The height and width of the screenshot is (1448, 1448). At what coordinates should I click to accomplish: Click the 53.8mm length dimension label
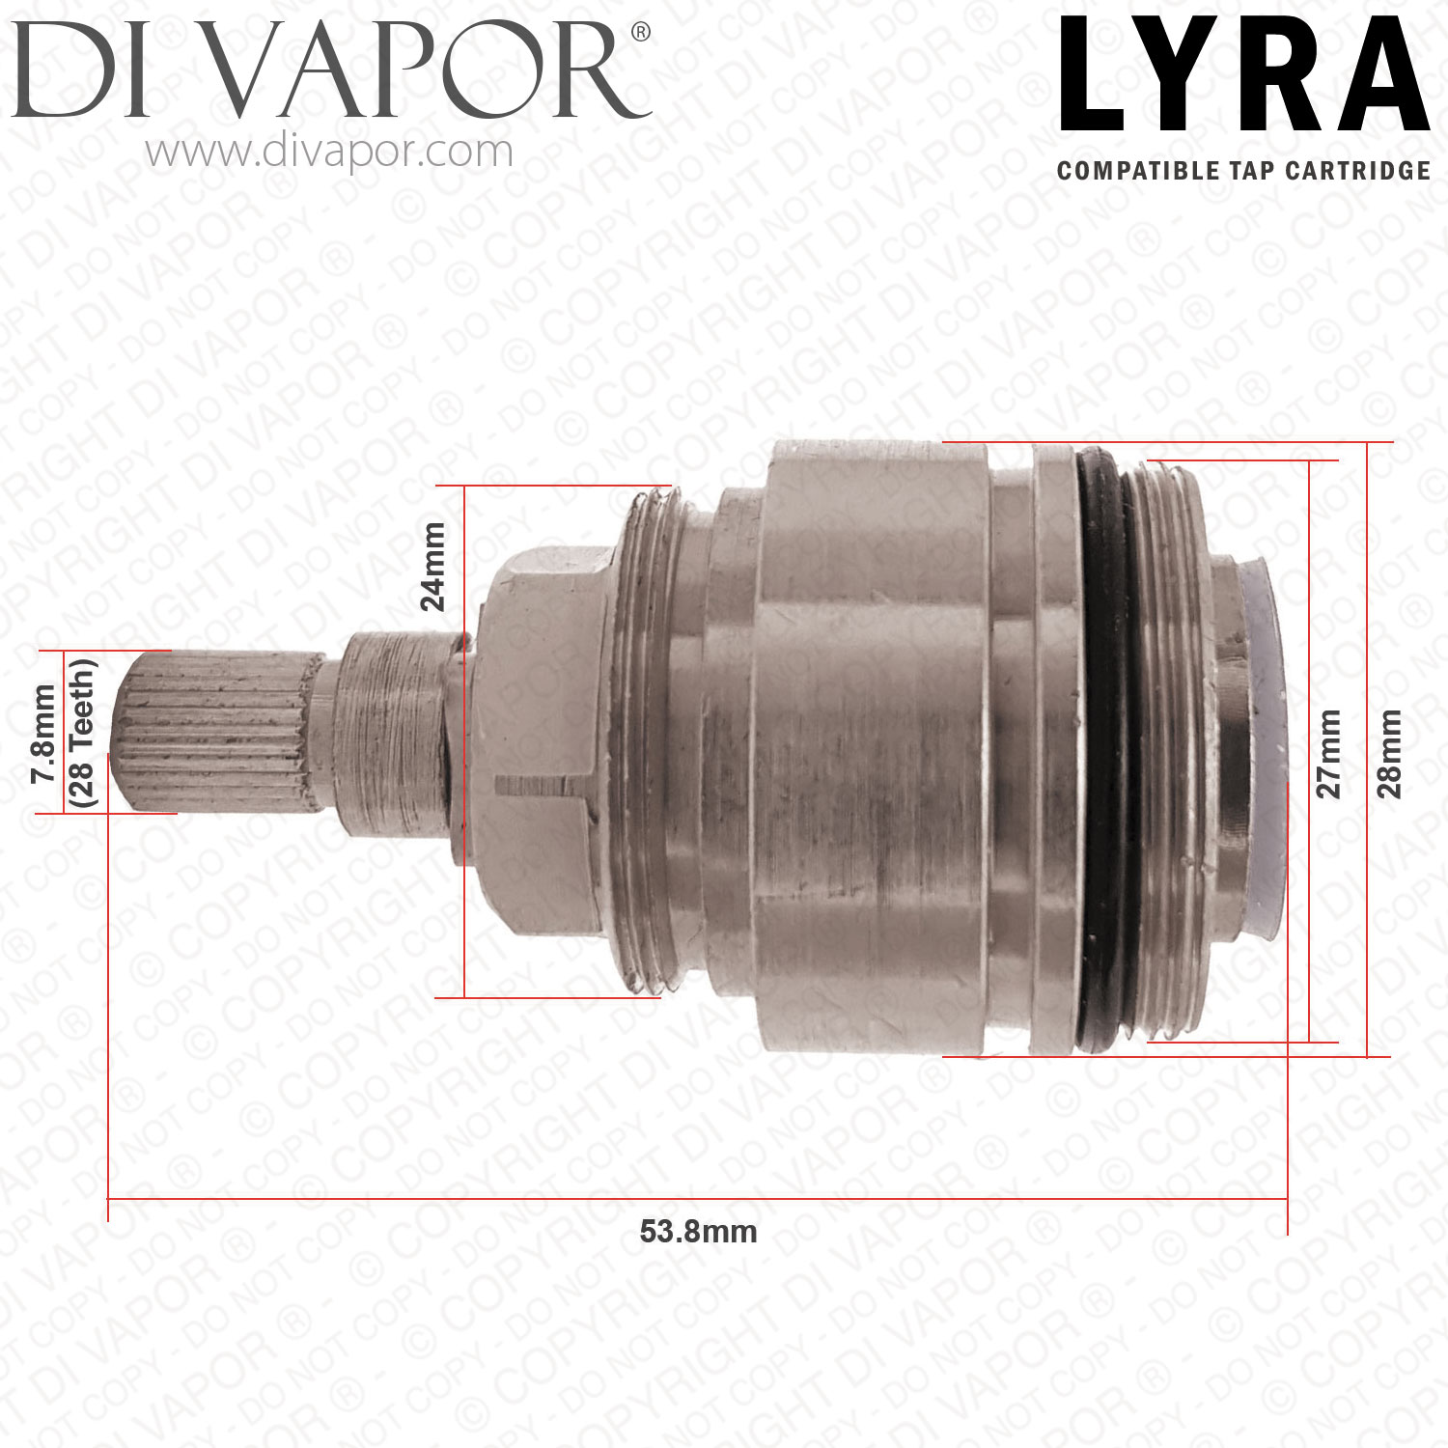coord(698,1232)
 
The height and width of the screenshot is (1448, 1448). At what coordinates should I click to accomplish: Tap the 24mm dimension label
coord(433,567)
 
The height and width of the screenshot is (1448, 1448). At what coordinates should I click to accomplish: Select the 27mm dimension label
coord(1329,753)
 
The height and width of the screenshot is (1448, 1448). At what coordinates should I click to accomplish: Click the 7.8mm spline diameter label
coord(43,734)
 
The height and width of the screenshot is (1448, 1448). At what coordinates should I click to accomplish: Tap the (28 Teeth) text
coord(82,734)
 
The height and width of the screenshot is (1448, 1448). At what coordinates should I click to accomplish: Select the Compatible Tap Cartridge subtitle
coord(1243,171)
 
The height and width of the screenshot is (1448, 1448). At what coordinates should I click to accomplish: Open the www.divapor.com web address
coord(329,153)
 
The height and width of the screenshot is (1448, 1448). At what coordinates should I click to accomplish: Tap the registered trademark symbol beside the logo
coord(640,33)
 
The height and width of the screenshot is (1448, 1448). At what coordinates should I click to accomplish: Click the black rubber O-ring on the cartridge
coord(1110,753)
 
